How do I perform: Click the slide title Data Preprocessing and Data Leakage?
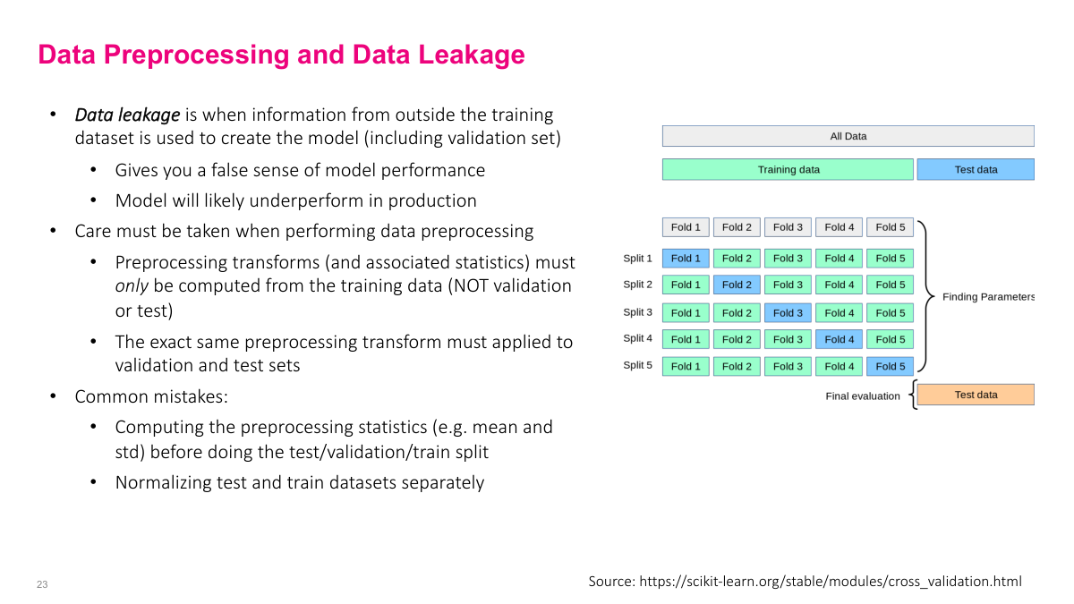[x=281, y=55]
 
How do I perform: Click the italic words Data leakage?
[x=127, y=115]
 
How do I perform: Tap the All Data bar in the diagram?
[x=848, y=136]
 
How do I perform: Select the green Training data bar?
[x=788, y=169]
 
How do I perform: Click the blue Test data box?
[x=975, y=169]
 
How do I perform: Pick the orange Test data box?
[x=975, y=395]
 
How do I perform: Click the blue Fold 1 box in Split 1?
[x=686, y=259]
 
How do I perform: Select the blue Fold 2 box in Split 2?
[x=737, y=285]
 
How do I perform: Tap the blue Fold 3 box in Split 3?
[x=788, y=313]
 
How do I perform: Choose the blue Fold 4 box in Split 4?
[x=840, y=339]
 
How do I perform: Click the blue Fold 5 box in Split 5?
[x=891, y=366]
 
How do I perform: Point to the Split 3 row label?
[x=637, y=312]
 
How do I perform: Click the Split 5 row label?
[x=637, y=365]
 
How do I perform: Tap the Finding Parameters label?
[x=988, y=297]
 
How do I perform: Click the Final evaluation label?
[x=862, y=396]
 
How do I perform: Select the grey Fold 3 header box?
[x=788, y=227]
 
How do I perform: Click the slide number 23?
[x=42, y=584]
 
